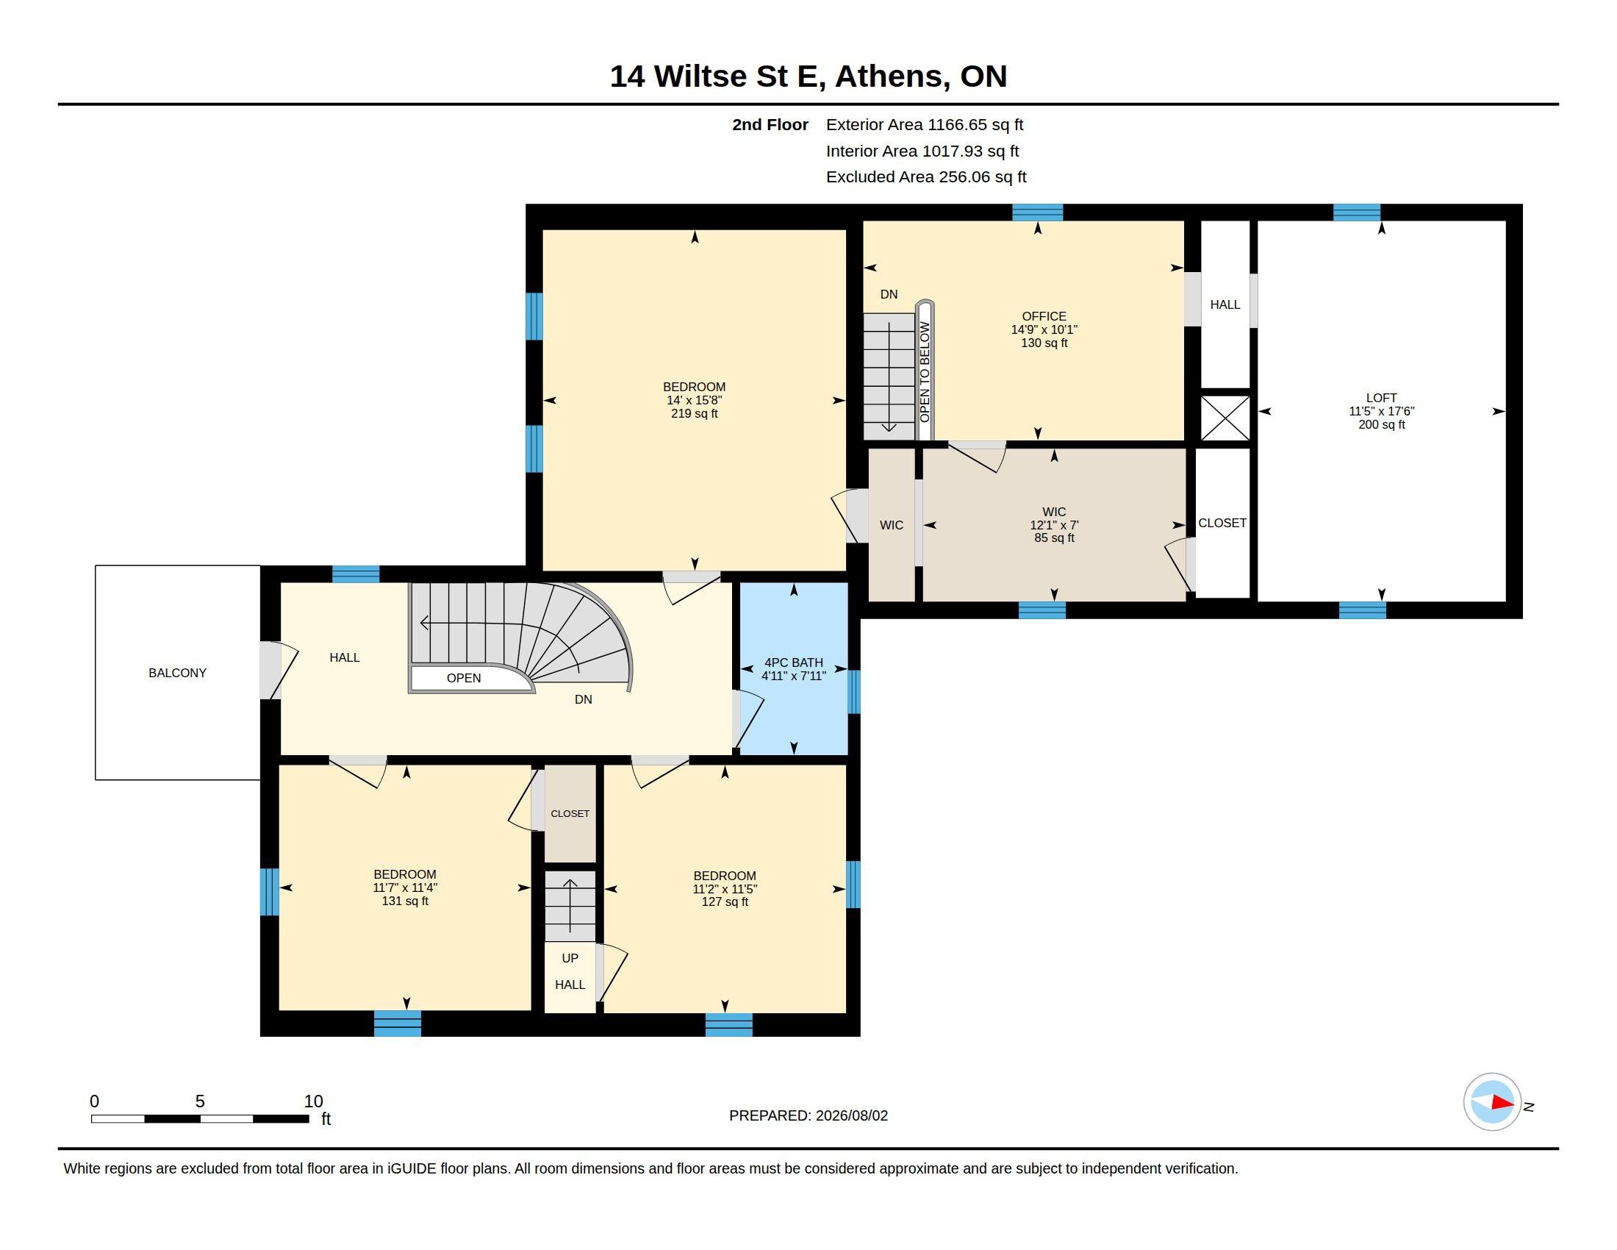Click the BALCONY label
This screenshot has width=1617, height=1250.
click(177, 673)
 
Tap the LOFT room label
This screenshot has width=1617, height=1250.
click(1382, 398)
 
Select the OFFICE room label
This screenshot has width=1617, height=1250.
click(1044, 316)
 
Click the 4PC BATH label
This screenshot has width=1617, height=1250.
click(794, 662)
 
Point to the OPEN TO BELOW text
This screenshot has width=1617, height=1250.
click(925, 372)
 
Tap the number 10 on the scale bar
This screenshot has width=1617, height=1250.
click(313, 1101)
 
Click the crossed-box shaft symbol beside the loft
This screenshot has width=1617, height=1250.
click(1225, 418)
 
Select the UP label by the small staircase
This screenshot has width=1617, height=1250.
click(570, 958)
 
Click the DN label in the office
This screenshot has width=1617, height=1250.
click(889, 294)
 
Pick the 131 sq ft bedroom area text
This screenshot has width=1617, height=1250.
click(405, 901)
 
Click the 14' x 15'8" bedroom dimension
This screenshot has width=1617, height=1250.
click(695, 400)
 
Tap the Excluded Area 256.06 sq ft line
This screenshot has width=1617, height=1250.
click(926, 177)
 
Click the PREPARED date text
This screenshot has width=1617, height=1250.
click(808, 1115)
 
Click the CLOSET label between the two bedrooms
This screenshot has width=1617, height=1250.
click(570, 814)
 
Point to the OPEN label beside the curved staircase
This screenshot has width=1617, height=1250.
click(464, 679)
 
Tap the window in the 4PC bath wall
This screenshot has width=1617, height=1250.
click(853, 692)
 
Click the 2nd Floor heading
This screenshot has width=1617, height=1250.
click(770, 125)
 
